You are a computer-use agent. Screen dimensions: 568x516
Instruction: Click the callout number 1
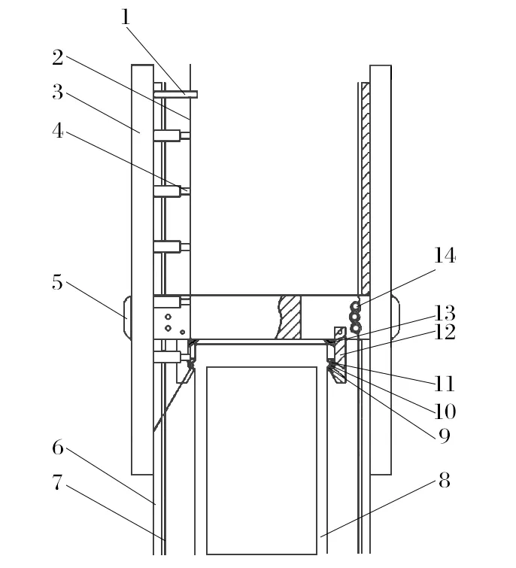point(126,17)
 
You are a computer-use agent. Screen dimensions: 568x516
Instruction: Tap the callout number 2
point(58,57)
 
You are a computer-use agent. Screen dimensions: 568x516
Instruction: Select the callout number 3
point(58,93)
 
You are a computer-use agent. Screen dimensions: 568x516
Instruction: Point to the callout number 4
point(58,130)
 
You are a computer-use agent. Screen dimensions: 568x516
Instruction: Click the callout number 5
point(57,283)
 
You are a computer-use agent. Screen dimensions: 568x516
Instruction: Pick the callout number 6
point(58,448)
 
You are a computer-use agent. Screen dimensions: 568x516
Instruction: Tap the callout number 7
point(58,483)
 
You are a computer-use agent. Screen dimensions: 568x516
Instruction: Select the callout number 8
point(444,481)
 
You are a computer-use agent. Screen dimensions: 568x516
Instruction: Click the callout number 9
point(445,434)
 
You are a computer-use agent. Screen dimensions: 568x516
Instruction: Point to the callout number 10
point(445,411)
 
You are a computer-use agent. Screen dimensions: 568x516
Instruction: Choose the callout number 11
point(445,384)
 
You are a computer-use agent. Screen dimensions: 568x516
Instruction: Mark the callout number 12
point(445,333)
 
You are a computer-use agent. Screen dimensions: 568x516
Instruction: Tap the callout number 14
point(445,256)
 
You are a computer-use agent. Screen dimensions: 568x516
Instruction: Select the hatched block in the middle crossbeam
point(290,317)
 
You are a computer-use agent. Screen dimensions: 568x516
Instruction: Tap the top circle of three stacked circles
point(355,305)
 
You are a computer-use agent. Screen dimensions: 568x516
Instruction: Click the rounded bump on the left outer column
point(126,317)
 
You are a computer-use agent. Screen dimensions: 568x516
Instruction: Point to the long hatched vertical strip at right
point(366,188)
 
